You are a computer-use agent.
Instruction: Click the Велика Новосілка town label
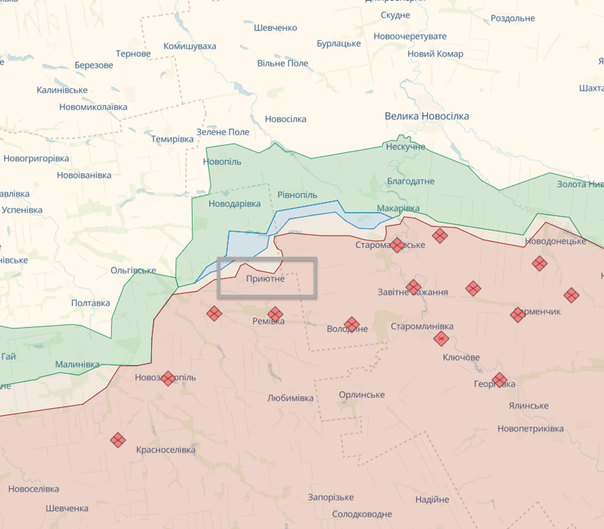pos(427,116)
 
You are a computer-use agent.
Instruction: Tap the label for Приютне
pos(265,279)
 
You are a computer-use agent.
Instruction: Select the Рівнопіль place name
pos(297,195)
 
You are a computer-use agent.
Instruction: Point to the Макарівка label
pos(398,208)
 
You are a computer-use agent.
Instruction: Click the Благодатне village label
pos(411,181)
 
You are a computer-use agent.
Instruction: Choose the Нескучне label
pos(406,147)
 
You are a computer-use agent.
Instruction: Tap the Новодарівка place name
pos(235,203)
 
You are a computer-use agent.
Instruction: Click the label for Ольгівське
pos(133,270)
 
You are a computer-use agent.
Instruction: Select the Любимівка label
pos(290,398)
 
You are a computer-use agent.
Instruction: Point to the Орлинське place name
pos(362,395)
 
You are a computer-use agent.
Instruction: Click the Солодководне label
pos(362,514)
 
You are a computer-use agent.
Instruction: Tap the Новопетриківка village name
pos(530,428)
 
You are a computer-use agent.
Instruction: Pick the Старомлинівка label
pos(422,326)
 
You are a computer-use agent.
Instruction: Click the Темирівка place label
pos(172,139)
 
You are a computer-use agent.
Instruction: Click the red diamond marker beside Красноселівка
pos(118,440)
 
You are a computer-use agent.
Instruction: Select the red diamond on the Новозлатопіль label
pos(168,378)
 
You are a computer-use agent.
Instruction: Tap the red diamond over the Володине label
pos(352,324)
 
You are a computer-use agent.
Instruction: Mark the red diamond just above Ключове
pos(442,338)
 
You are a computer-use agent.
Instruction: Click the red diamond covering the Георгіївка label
pos(500,381)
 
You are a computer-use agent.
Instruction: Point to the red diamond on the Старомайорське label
pos(397,245)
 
